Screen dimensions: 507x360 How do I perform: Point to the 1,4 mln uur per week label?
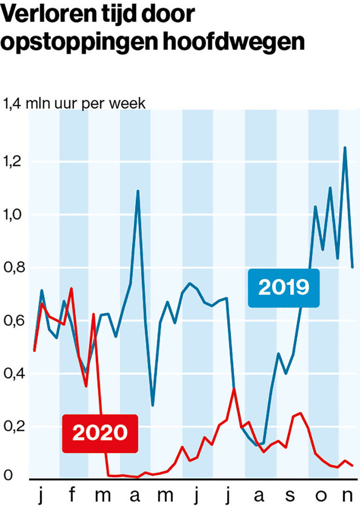74,104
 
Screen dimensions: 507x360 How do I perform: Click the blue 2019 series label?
284,287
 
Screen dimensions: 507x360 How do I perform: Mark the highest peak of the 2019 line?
345,148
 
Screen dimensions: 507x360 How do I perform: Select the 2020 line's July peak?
234,388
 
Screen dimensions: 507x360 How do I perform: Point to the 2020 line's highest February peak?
71,288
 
